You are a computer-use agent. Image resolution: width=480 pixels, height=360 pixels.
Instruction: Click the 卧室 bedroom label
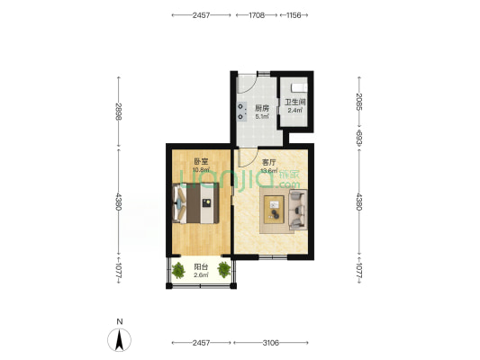click(x=201, y=161)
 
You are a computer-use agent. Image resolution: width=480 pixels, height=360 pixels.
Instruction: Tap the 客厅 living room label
click(x=268, y=162)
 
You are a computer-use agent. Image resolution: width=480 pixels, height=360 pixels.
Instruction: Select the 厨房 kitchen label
click(x=262, y=108)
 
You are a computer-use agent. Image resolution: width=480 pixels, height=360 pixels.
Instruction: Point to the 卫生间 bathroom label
click(x=295, y=102)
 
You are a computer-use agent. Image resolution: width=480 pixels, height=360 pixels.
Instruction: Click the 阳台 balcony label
click(x=201, y=266)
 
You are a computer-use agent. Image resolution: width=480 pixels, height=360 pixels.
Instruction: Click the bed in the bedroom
click(x=196, y=203)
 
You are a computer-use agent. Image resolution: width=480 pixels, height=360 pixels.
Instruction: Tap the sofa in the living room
click(x=298, y=210)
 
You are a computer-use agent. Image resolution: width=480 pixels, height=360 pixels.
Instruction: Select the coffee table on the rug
click(x=275, y=210)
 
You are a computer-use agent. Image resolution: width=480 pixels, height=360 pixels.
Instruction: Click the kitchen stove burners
click(x=242, y=112)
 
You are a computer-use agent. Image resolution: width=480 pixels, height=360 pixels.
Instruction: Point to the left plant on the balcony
click(x=178, y=270)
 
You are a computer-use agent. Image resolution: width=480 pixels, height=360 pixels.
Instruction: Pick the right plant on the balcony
click(x=224, y=270)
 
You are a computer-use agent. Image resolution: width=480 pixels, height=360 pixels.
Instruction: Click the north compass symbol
click(x=119, y=339)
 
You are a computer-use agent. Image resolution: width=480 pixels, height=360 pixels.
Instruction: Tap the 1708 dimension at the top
click(x=257, y=15)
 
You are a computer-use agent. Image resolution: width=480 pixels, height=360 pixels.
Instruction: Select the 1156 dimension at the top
click(x=294, y=15)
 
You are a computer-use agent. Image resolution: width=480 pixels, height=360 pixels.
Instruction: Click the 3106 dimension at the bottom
click(x=271, y=343)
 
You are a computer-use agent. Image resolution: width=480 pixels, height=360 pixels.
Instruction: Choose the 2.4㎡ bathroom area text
click(x=295, y=110)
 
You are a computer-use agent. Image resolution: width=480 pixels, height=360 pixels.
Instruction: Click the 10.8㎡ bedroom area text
click(x=201, y=169)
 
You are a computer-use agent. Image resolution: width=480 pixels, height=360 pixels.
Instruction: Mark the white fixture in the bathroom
click(x=299, y=88)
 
